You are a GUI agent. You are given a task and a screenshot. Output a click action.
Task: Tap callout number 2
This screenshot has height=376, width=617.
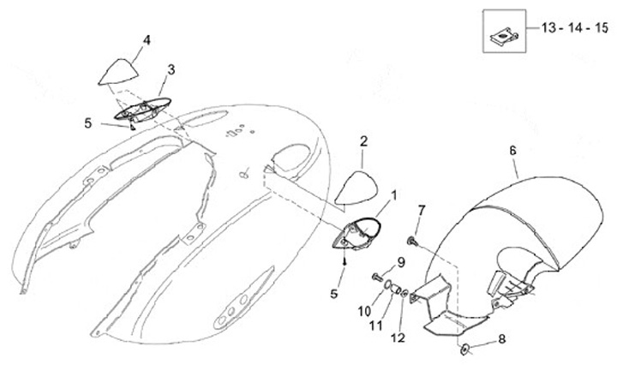(x=363, y=140)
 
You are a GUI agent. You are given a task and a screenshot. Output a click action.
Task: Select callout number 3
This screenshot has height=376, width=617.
(x=171, y=69)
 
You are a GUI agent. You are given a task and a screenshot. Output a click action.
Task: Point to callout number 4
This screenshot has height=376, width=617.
(x=147, y=39)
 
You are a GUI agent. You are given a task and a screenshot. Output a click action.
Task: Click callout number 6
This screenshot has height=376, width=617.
(x=513, y=150)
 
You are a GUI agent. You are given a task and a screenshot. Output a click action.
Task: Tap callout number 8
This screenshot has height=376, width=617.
(x=502, y=338)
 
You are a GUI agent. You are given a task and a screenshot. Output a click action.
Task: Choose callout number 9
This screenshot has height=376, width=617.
(x=400, y=261)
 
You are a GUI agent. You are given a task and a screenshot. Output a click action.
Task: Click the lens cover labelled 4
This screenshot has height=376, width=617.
(x=119, y=72)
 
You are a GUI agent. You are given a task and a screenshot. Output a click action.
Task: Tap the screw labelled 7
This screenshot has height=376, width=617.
(x=412, y=242)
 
